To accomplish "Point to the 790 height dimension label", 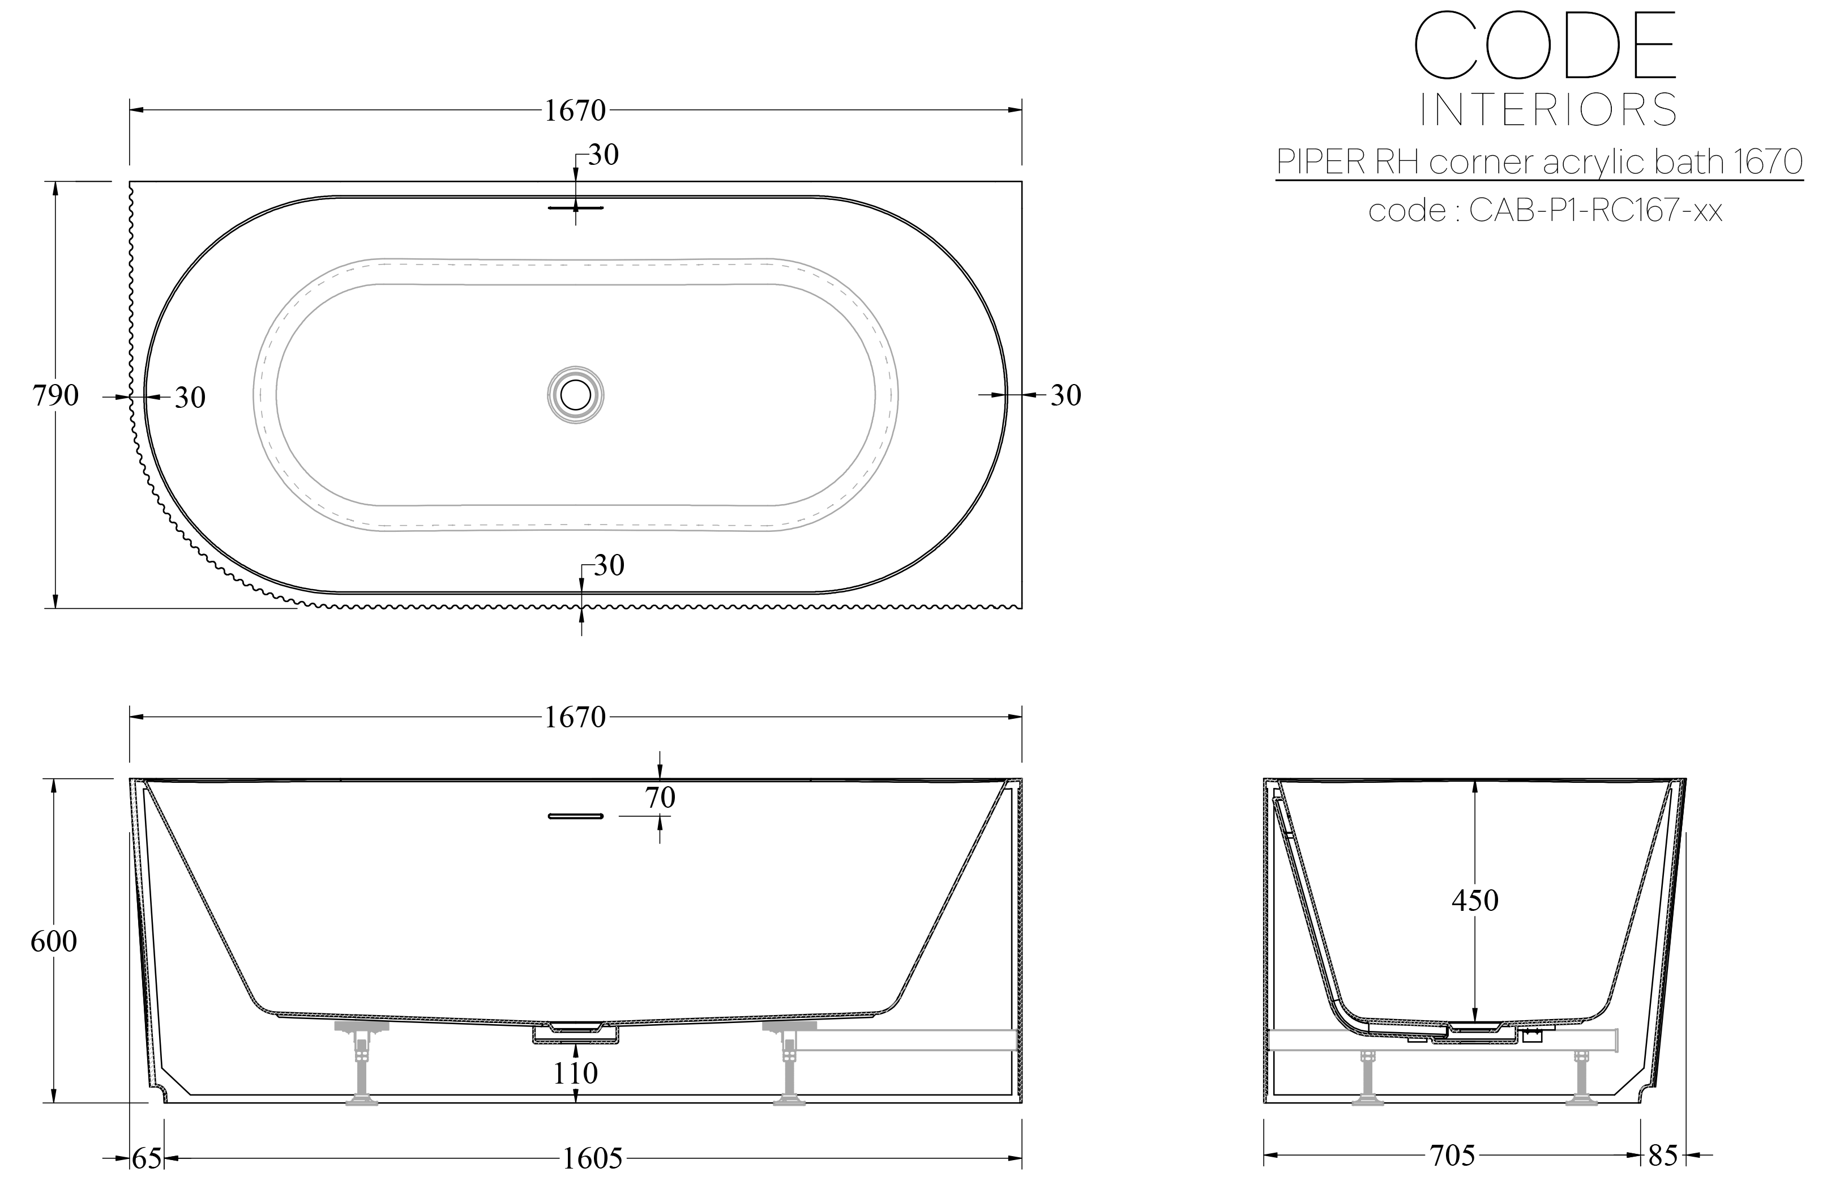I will coord(55,395).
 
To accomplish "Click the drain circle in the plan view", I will coord(575,395).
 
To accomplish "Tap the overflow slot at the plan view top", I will coord(576,207).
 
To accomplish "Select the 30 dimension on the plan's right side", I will coord(1065,395).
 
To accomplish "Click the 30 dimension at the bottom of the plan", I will coord(609,566).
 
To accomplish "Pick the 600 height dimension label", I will coord(54,941).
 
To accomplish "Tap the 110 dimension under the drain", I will coord(575,1073).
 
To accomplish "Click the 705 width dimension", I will coord(1452,1155).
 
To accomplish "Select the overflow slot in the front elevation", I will coord(575,816).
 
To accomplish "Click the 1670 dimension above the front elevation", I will coord(575,717).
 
